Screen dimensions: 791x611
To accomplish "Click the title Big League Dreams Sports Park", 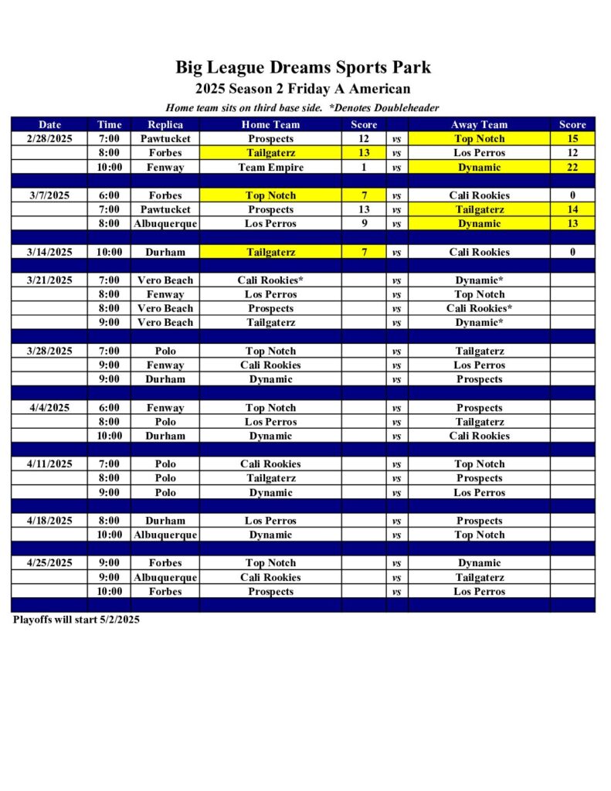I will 303,67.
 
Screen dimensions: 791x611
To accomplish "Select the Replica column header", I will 165,124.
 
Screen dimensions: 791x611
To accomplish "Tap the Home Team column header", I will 270,124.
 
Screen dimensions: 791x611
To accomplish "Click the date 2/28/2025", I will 49,139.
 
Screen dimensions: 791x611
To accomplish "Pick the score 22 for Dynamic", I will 572,168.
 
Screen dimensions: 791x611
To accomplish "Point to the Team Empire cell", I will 270,168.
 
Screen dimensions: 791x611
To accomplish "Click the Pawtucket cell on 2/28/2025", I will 165,139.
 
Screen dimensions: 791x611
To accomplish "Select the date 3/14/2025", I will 49,253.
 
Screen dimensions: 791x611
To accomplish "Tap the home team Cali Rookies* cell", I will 270,280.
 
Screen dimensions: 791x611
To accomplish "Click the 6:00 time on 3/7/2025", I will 109,195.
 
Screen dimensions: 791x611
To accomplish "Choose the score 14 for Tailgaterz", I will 572,210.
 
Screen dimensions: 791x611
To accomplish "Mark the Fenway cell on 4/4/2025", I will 165,408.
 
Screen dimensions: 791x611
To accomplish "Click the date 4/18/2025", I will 49,521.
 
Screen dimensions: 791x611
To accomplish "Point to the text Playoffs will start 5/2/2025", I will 76,620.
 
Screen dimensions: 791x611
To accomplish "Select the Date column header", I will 49,124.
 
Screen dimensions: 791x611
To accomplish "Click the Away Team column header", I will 479,124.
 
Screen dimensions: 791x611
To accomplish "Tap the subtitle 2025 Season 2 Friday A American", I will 303,89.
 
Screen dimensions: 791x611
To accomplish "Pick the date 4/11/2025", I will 49,464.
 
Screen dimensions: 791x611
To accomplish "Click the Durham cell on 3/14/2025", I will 165,253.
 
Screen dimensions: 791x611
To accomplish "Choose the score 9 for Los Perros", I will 364,224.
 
